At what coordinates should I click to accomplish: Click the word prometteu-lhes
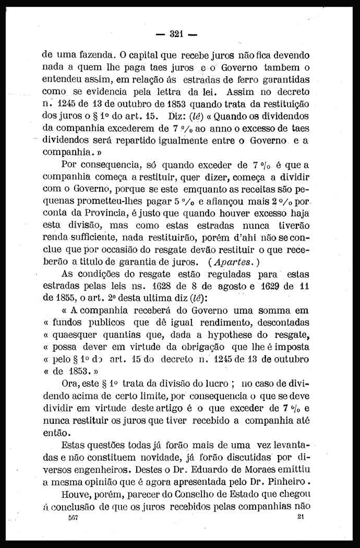pos(128,201)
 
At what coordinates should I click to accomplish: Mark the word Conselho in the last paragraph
pos(193,494)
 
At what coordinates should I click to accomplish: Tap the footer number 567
pos(72,518)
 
